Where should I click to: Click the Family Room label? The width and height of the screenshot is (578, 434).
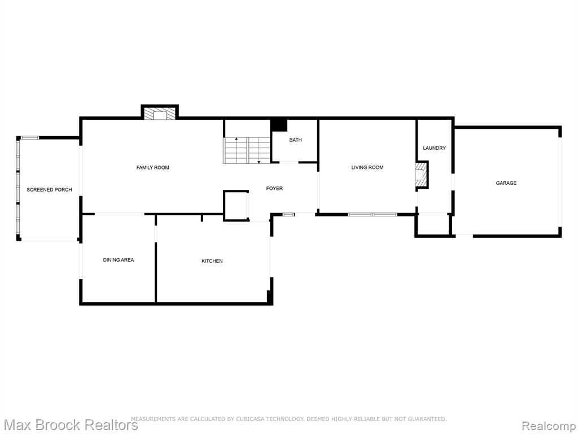point(152,167)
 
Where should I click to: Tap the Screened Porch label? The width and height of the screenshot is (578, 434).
point(49,190)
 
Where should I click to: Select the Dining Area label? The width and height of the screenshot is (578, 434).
point(119,260)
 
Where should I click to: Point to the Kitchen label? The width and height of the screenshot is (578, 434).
point(212,261)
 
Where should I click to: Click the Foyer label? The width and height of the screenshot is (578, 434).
point(274,188)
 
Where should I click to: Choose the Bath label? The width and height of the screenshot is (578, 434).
point(295,140)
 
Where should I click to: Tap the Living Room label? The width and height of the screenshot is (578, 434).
point(367,167)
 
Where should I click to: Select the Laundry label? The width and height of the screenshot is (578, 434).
point(434,148)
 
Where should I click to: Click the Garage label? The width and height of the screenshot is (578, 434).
point(506,183)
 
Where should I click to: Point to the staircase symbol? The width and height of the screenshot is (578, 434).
point(247,150)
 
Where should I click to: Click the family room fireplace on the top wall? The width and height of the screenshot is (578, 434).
point(160,112)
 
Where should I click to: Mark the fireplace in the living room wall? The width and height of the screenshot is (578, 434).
point(422,175)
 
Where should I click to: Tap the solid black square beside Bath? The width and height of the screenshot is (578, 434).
point(279,125)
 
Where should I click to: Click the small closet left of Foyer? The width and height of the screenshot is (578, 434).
point(236,206)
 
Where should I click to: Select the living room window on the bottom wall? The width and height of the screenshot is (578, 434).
point(373,214)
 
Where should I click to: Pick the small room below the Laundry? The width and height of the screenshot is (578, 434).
point(433,224)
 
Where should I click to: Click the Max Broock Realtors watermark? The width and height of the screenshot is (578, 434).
point(69,425)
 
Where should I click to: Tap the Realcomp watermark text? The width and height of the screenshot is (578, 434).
point(549,426)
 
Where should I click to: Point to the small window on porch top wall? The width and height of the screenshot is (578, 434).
point(29,138)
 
